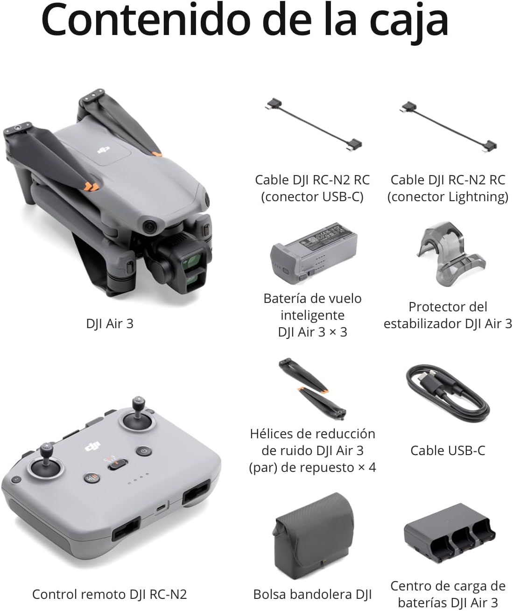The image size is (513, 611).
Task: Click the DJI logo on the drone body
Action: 104,150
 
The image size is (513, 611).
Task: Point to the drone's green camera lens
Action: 192,261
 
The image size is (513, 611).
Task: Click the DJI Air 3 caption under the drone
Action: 110,324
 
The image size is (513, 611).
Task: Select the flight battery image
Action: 314,253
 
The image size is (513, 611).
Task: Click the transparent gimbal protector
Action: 450,253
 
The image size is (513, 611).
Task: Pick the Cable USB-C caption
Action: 448,450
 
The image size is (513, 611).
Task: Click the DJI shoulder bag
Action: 313,537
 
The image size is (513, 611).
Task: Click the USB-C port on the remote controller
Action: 161,507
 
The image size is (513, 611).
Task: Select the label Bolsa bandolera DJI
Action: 313,595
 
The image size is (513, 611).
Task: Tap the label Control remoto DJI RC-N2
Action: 109,595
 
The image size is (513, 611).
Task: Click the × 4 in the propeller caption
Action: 367,468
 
